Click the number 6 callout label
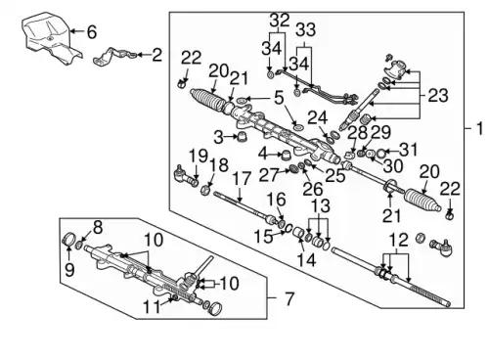[91, 31]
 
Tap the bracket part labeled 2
[113, 57]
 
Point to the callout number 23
[438, 96]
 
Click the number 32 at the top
[280, 21]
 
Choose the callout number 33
[305, 30]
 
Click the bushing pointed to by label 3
[243, 137]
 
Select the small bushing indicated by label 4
[286, 154]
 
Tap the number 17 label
[242, 178]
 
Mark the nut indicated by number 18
[205, 190]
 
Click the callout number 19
[199, 156]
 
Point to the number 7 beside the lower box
[289, 298]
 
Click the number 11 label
[152, 307]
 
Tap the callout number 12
[399, 240]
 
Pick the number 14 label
[306, 260]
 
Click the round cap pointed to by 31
[380, 153]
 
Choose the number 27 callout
[269, 175]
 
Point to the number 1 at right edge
[479, 128]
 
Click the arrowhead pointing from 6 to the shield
[73, 31]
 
